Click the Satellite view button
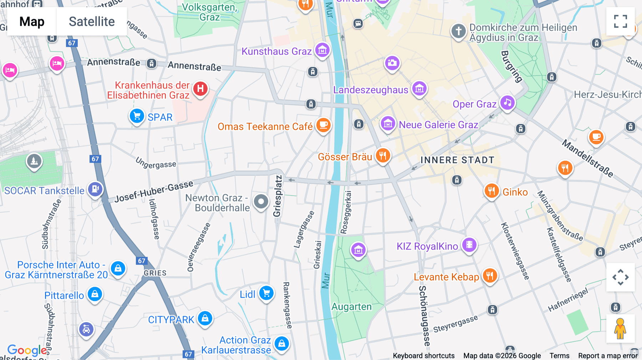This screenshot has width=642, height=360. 92,21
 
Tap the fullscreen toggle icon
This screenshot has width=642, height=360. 620,21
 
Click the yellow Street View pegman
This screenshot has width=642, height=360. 620,328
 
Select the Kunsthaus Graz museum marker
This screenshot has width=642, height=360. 322,50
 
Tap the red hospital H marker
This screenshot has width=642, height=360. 200,88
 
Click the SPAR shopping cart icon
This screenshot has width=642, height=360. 137,116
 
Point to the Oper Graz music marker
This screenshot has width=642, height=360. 507,103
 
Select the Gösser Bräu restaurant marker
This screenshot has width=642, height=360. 383,155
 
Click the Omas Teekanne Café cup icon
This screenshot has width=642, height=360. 323,125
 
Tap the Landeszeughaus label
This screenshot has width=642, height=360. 370,90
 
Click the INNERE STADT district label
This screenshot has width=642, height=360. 457,160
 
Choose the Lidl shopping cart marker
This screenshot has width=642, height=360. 266,293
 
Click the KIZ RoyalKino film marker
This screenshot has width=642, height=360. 469,245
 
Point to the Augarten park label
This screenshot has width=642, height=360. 351,307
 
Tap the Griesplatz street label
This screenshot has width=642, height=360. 277,196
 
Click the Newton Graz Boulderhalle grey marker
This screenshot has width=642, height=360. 261,201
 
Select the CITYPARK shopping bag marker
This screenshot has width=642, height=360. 205,318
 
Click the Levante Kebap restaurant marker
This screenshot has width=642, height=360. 490,276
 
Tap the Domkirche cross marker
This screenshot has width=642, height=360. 459,31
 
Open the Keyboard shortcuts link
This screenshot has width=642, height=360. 423,355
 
